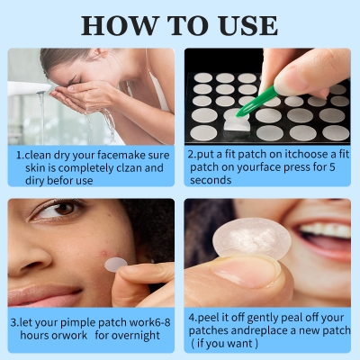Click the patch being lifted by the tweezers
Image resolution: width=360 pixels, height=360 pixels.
coord(236,118)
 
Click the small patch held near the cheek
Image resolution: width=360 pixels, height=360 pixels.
coord(116,264)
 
